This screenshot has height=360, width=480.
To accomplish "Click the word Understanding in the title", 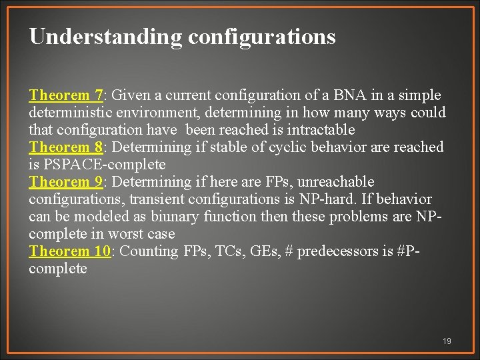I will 105,37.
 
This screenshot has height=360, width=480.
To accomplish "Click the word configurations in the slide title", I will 261,37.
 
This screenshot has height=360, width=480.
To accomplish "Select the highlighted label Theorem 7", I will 65,95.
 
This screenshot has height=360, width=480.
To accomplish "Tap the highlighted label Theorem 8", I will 65,147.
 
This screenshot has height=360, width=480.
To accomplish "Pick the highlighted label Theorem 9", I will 65,182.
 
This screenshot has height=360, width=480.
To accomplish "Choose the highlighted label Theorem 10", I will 69,251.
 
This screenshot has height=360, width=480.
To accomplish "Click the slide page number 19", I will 447,341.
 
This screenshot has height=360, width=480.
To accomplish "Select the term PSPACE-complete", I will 105,165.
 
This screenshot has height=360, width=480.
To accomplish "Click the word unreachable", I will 338,182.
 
